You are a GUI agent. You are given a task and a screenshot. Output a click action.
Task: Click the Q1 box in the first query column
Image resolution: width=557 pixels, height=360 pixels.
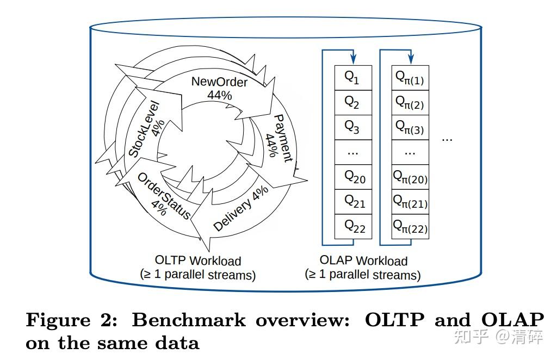pos(352,78)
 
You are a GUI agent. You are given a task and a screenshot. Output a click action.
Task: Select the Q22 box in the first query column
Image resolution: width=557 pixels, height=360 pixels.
pos(352,226)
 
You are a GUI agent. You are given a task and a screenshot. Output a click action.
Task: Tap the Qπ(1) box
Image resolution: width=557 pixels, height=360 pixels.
pos(410,78)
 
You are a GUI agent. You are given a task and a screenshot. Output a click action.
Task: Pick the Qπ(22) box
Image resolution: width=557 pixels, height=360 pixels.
pos(410,226)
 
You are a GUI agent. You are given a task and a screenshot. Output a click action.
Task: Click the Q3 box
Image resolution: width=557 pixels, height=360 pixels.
pos(352,127)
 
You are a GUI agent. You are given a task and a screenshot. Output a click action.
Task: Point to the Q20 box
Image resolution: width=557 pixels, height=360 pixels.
pos(352,177)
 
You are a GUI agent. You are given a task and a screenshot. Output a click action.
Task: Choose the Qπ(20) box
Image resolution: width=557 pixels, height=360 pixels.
pos(410,177)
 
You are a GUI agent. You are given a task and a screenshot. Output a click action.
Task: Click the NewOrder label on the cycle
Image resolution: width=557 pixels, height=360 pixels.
pos(219,82)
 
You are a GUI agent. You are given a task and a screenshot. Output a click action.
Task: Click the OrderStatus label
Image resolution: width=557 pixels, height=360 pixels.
pos(163,196)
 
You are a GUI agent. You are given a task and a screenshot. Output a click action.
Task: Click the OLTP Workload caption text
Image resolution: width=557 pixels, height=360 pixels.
pos(198,261)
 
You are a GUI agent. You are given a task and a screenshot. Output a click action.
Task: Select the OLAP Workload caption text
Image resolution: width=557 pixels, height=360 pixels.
pos(363,261)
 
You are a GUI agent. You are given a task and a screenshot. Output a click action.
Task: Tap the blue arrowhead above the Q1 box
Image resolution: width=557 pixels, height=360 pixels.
pos(353,59)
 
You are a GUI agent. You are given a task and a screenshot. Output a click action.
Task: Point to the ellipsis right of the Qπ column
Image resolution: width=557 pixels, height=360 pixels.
pos(447,139)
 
